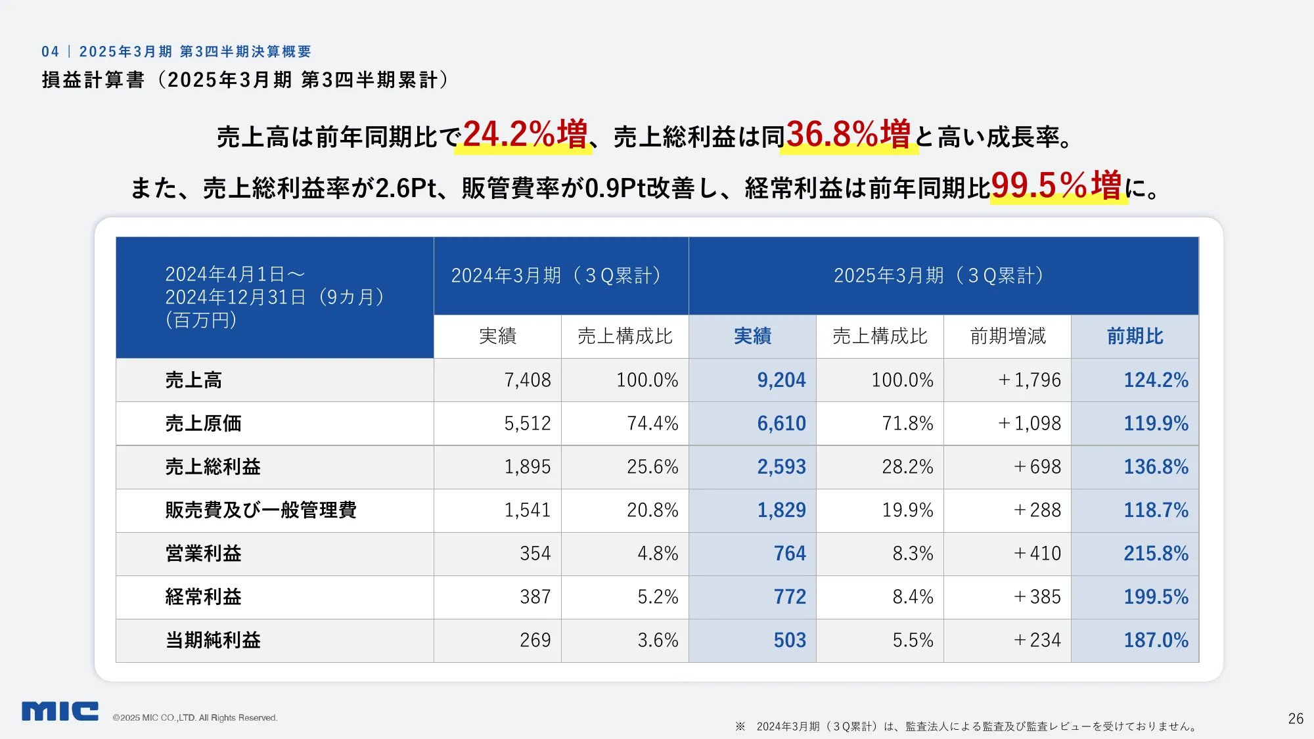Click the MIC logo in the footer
(60, 711)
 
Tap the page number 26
(1296, 719)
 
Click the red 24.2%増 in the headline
(524, 135)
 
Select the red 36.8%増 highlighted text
(848, 135)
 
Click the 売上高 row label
(194, 380)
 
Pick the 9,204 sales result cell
(781, 380)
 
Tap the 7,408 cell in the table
(527, 380)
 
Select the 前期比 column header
(1135, 336)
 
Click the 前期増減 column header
(1007, 336)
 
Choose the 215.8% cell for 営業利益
(1156, 553)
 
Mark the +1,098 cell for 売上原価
(1030, 423)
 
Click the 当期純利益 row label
(213, 640)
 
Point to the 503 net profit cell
(789, 640)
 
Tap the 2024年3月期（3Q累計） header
(556, 275)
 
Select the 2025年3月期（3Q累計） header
(940, 275)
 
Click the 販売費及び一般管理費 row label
(261, 510)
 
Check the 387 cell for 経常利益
(535, 596)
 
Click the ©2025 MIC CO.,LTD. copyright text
(195, 717)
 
